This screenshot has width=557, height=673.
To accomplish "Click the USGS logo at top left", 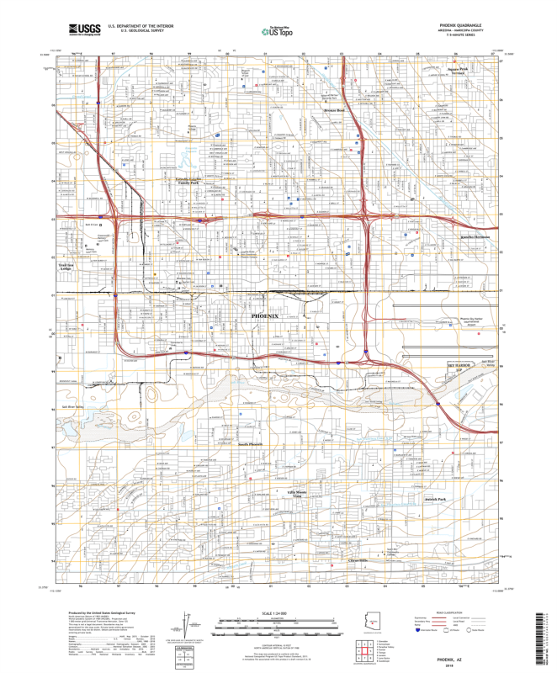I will [85, 30].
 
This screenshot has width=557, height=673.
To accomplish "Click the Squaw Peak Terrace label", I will [457, 72].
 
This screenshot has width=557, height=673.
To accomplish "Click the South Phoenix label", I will [250, 443].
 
